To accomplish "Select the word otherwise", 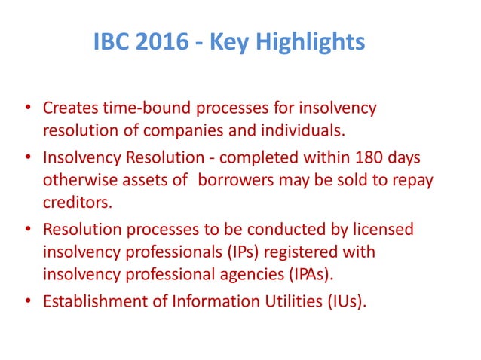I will click(78, 181).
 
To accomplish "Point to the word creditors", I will click(75, 201).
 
